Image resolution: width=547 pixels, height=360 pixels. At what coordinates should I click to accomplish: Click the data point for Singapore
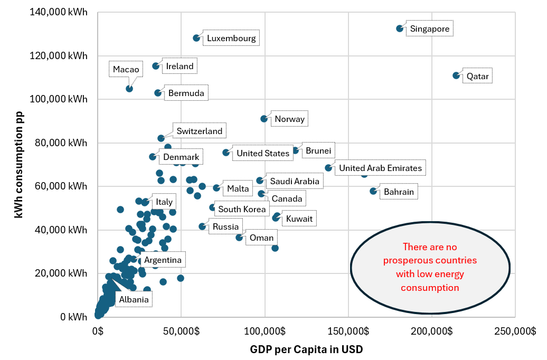pos(400,29)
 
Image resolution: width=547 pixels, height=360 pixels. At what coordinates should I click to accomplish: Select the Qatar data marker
pos(456,75)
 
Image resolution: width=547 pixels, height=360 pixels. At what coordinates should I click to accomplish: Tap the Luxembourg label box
pos(231,39)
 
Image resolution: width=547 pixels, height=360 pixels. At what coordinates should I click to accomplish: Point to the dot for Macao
pos(129,89)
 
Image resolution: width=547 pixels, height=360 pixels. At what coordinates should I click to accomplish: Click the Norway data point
pos(264,119)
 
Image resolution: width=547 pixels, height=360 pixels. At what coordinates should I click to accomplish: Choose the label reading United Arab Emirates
pos(380,168)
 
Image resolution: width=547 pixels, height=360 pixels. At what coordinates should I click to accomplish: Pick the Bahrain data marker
pos(373,191)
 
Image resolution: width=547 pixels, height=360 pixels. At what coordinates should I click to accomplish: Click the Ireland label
pos(180,67)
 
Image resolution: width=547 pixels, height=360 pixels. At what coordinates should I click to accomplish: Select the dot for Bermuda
pos(158,93)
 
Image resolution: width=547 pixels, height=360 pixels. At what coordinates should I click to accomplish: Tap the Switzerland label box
pos(199,131)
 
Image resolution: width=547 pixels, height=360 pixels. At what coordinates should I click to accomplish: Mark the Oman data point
pos(239,238)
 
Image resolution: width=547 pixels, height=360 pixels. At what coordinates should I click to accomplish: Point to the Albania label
pos(134,300)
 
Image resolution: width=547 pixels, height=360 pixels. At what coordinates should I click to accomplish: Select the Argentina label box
pos(163,260)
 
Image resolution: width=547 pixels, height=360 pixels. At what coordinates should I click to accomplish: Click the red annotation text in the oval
pos(430,267)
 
